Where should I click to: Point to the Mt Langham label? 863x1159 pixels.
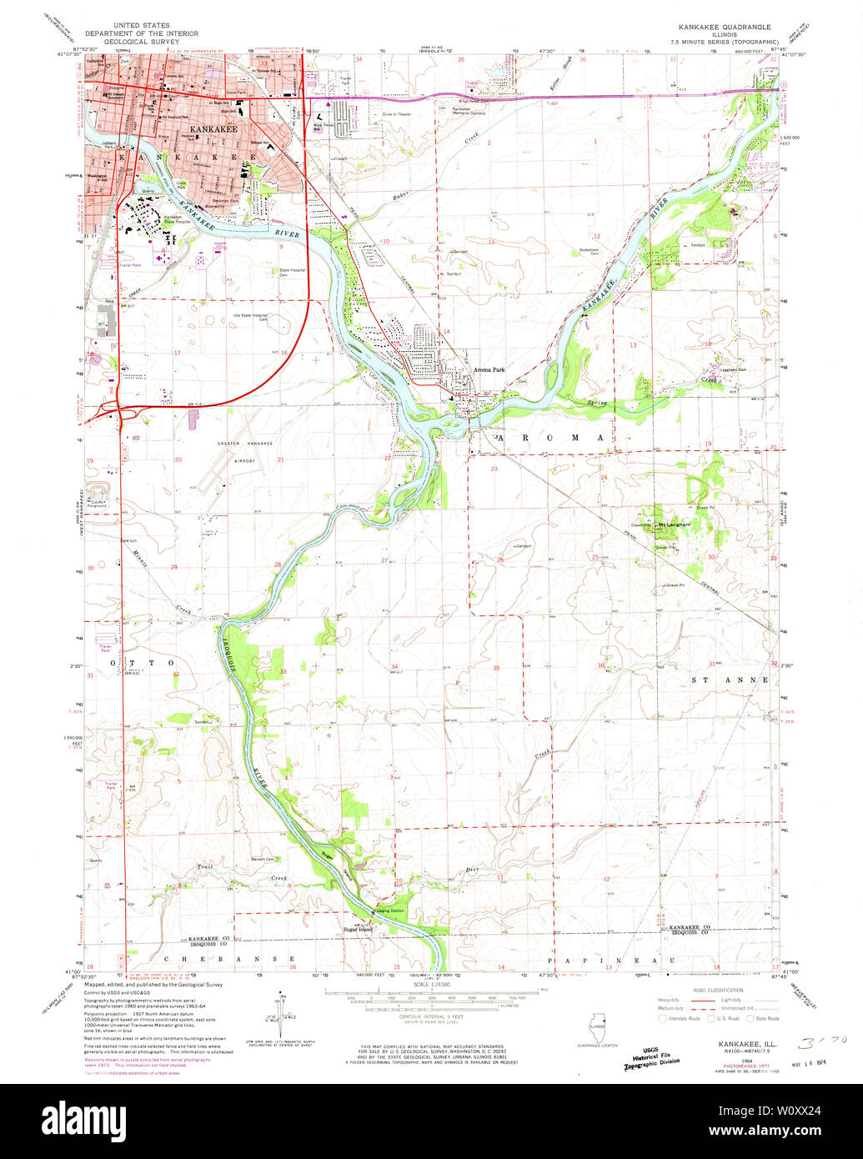click(x=676, y=524)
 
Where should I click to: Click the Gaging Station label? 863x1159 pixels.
click(x=392, y=911)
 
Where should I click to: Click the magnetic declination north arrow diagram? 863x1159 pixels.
click(x=282, y=1009)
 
